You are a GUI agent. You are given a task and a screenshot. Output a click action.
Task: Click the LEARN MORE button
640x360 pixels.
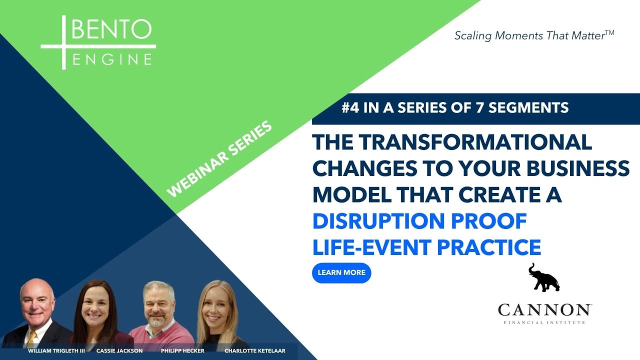pos(341,273)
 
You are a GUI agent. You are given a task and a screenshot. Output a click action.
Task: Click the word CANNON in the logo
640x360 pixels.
pos(544,310)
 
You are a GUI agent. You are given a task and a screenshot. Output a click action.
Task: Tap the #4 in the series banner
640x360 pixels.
pos(352,108)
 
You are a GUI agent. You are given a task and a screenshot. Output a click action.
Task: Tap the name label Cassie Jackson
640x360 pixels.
pos(119,351)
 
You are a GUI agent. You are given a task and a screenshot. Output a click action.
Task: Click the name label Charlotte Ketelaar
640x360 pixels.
pos(255,351)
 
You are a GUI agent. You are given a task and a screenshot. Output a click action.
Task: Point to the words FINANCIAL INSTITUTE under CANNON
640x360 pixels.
pos(544,322)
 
